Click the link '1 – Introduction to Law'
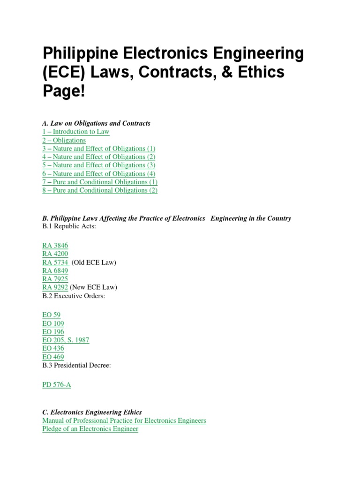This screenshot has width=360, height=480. coord(75,132)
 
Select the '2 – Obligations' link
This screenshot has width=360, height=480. coord(64,140)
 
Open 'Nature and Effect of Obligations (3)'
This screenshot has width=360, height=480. coord(98,165)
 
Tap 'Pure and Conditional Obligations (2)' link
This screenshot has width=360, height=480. coord(99,190)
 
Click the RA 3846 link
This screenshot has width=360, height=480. coord(55,246)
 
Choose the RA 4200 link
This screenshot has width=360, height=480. coord(55,254)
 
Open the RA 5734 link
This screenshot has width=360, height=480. coord(55,262)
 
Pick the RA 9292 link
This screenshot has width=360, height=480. coord(55,287)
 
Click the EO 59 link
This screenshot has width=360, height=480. coord(51,315)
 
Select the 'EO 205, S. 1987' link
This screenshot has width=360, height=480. coord(66,340)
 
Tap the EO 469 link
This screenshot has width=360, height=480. coord(53,357)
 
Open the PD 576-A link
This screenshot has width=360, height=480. coord(57,385)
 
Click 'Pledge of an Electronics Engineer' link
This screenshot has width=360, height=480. coord(90,429)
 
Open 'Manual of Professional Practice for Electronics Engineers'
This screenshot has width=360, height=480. coord(124,420)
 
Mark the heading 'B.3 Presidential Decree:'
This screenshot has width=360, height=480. coord(76,365)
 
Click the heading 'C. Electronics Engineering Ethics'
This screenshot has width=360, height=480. coord(92,412)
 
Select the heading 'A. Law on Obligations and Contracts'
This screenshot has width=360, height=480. coord(96,123)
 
